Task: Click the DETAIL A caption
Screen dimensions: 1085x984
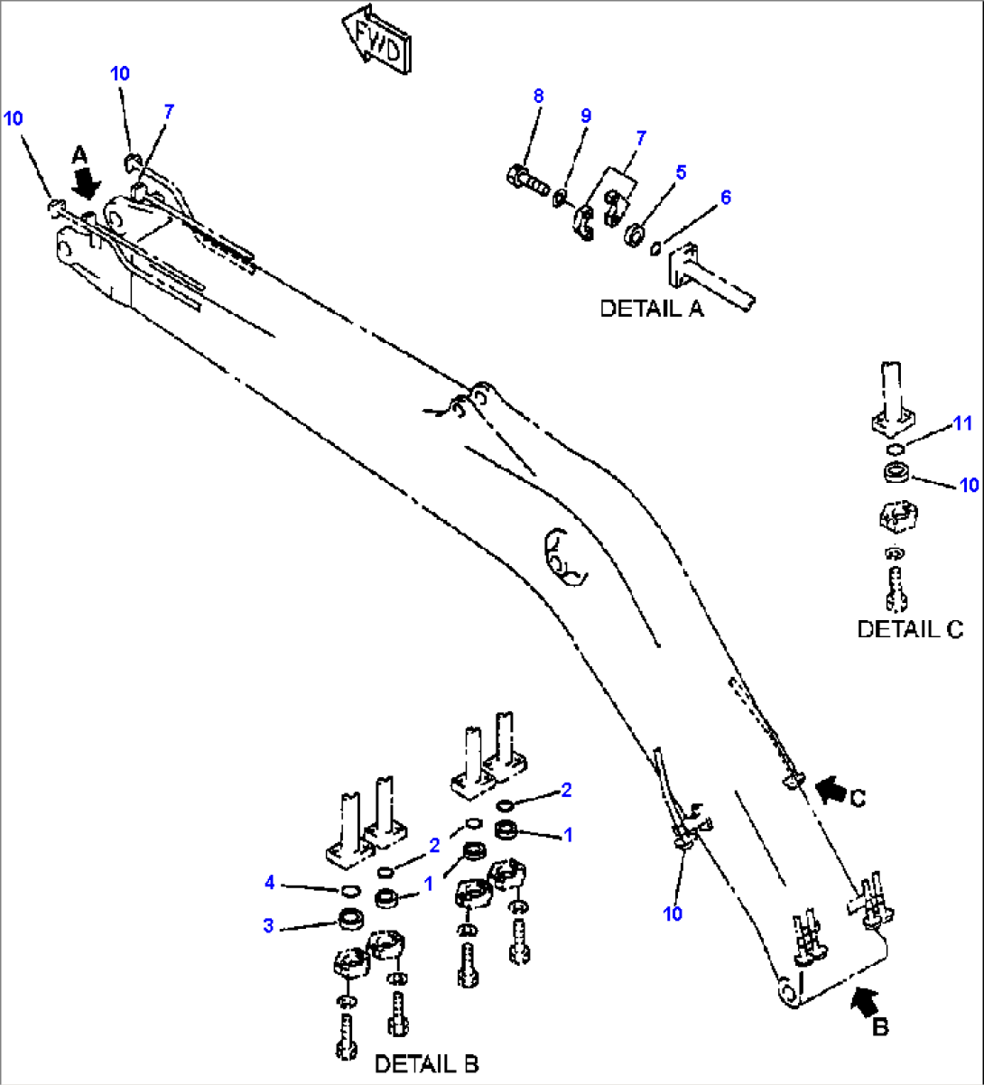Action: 651,308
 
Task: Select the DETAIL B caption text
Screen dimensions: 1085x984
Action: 427,1063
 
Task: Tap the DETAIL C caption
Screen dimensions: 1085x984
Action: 910,628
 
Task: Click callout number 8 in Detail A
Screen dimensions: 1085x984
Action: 538,96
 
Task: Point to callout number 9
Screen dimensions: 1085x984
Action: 586,116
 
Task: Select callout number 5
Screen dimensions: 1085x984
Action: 681,172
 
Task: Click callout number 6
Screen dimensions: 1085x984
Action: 725,197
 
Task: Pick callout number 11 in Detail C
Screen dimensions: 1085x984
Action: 962,422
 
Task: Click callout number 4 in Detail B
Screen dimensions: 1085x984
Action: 269,883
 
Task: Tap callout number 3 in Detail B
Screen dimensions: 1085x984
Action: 268,926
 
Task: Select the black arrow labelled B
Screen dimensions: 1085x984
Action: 863,998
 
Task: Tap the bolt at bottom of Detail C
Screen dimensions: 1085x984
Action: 895,586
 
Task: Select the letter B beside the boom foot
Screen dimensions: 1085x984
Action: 879,1026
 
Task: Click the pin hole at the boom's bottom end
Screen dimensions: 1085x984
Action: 786,991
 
